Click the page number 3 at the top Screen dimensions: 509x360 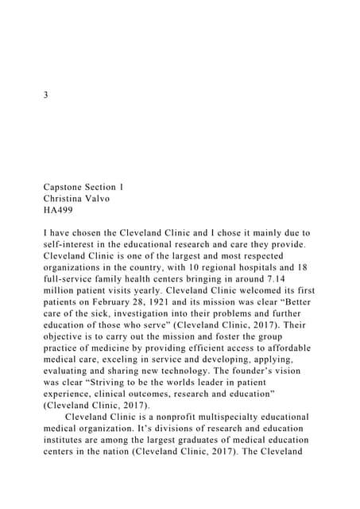[x=46, y=95]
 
